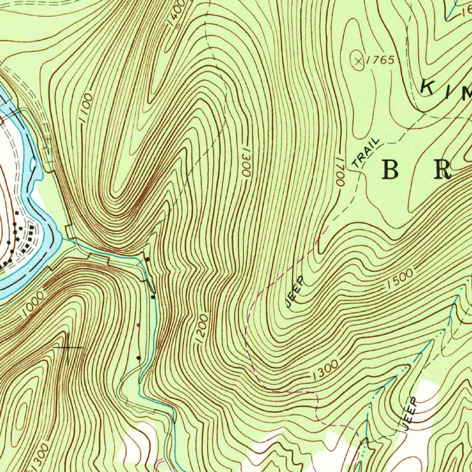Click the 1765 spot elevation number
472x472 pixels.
click(381, 60)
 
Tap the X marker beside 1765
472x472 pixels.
click(358, 60)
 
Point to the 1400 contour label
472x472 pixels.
click(177, 13)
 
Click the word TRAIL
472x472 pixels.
click(366, 153)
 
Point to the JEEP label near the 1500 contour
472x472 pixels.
click(295, 291)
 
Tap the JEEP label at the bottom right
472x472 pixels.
click(410, 413)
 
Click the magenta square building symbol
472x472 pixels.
click(139, 324)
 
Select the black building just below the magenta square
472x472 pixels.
click(138, 357)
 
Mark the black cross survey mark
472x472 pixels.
click(68, 347)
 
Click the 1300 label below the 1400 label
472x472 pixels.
click(244, 162)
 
